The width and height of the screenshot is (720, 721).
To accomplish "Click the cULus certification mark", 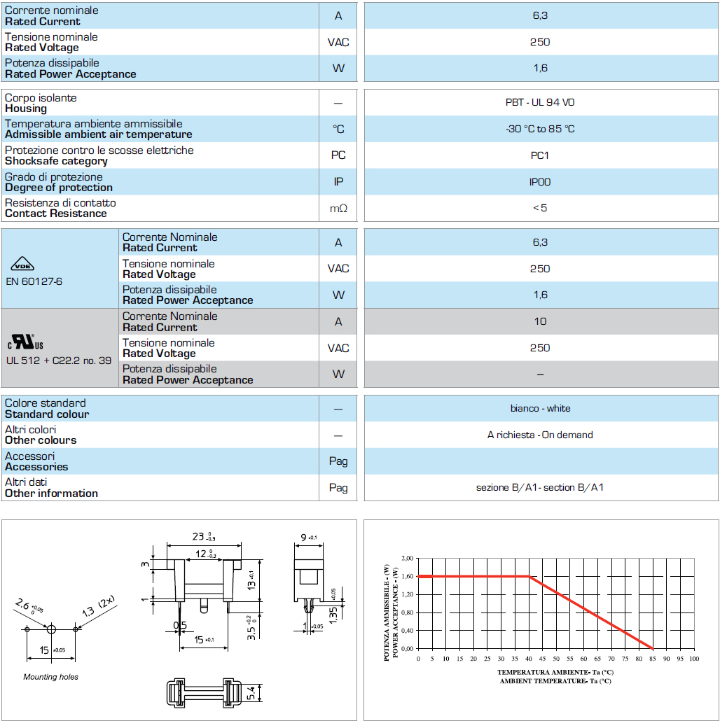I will pyautogui.click(x=26, y=343).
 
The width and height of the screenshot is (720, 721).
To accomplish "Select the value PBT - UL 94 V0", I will pyautogui.click(x=540, y=102).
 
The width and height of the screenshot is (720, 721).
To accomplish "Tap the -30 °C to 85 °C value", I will pyautogui.click(x=540, y=129).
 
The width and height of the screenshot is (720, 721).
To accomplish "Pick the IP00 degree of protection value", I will pyautogui.click(x=540, y=182).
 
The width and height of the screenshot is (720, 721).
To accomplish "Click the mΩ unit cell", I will pyautogui.click(x=338, y=208).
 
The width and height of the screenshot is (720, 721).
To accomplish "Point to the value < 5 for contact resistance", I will pyautogui.click(x=540, y=208).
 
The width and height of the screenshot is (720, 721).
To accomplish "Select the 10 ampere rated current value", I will pyautogui.click(x=540, y=321).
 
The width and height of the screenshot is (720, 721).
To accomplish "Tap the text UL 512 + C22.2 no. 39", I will pyautogui.click(x=59, y=360).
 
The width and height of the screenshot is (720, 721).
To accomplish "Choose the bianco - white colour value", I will pyautogui.click(x=540, y=408).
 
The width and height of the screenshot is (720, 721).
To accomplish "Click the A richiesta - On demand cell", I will pyautogui.click(x=540, y=435).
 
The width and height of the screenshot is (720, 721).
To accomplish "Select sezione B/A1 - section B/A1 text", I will pyautogui.click(x=540, y=487).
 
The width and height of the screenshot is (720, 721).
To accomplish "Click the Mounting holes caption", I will pyautogui.click(x=50, y=677).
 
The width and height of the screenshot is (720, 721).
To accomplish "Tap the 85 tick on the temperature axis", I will pyautogui.click(x=653, y=659).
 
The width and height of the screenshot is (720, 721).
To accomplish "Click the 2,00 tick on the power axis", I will pyautogui.click(x=407, y=559).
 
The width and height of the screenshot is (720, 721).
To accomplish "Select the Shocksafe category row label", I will pyautogui.click(x=56, y=161).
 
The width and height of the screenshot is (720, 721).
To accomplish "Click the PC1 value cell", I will pyautogui.click(x=540, y=155).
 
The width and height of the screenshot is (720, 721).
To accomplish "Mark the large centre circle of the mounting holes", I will pyautogui.click(x=50, y=629).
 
